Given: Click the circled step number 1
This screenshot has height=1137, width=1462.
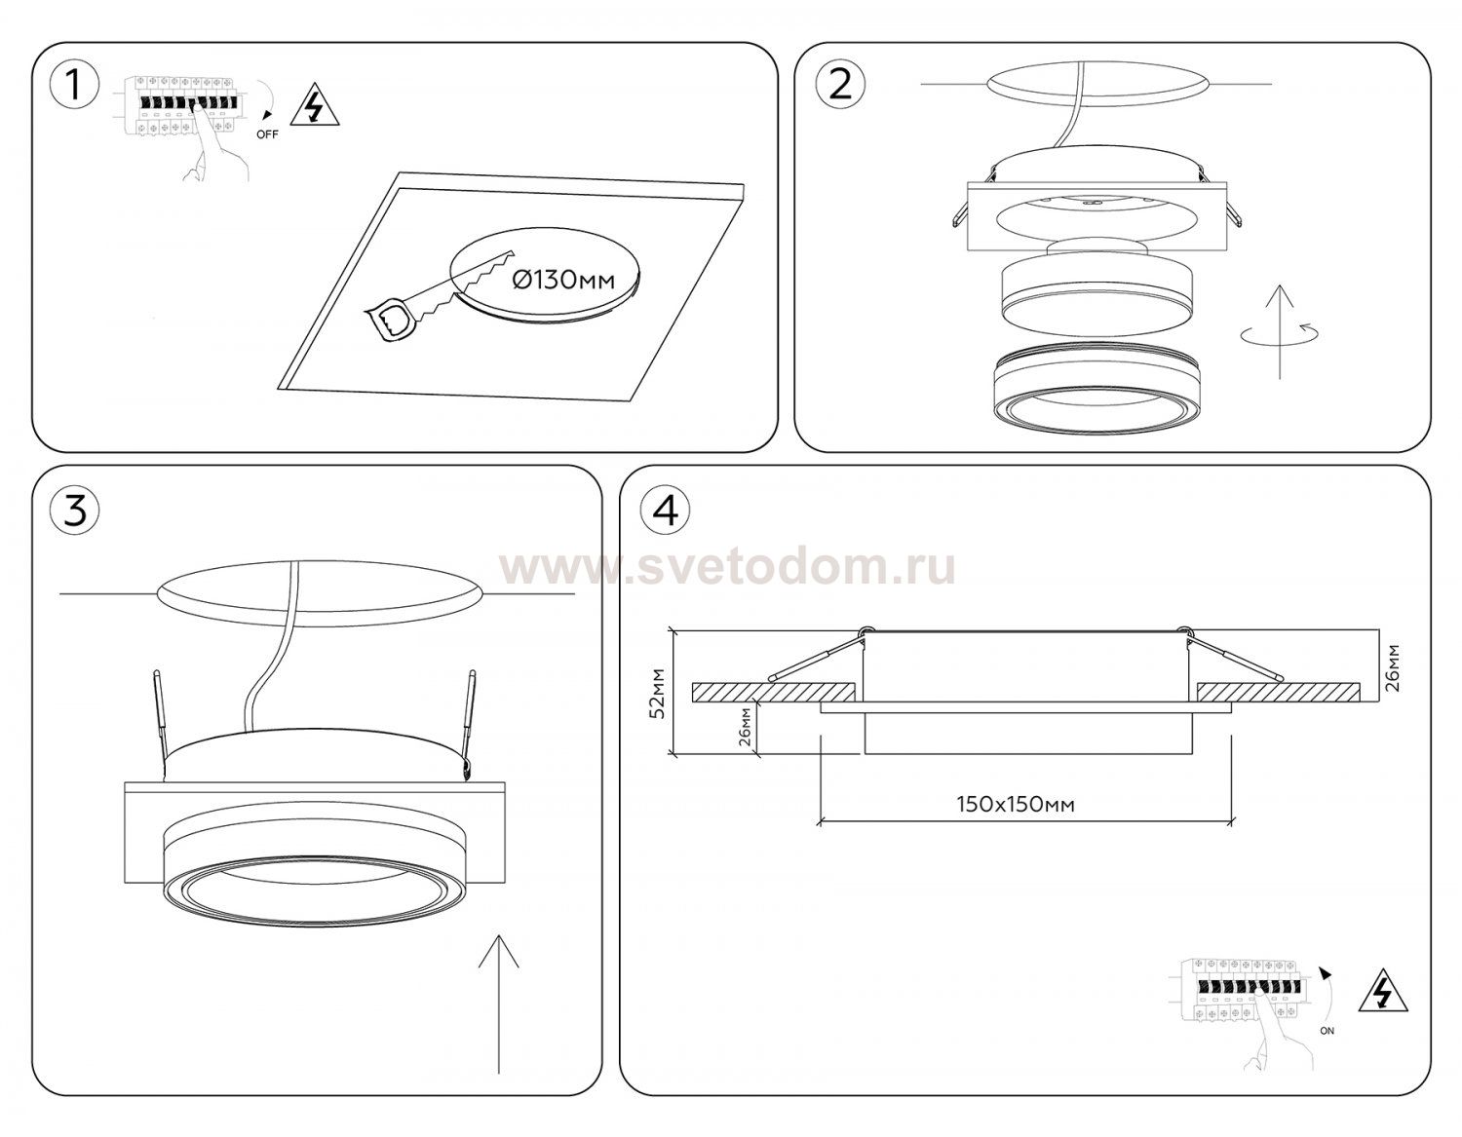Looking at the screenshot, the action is click(75, 86).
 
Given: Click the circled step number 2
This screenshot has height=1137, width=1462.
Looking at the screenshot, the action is click(840, 86).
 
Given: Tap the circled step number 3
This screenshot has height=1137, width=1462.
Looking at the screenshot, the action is click(75, 512).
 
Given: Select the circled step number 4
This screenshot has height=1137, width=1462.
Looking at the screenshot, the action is click(666, 512).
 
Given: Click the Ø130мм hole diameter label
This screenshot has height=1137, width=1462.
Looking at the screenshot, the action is click(563, 280).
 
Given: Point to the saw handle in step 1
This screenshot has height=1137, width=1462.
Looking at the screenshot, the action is click(389, 323).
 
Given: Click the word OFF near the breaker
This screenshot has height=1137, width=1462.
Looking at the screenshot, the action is click(267, 134).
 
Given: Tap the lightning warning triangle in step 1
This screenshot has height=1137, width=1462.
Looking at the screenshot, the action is click(314, 105).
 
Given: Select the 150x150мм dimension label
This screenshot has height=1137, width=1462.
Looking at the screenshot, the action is click(1016, 804).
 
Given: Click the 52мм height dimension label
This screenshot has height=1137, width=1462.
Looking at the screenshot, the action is click(657, 694).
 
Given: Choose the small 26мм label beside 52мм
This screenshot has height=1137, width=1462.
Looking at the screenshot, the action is click(744, 728).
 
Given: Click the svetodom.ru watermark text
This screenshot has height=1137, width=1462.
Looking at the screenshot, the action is click(727, 569).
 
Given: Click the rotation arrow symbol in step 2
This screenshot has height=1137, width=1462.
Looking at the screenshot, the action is click(1280, 332).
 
